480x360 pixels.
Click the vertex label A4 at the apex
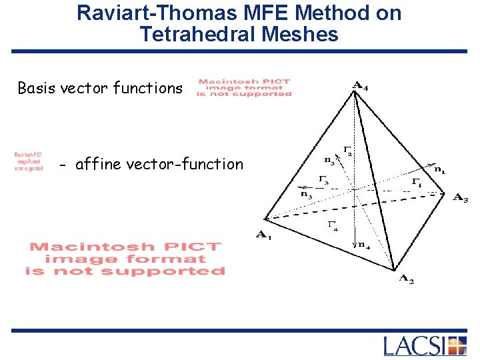[360, 85]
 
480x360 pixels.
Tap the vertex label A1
[264, 235]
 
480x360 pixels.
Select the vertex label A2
[406, 280]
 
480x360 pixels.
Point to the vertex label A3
[460, 197]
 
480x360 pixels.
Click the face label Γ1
[416, 182]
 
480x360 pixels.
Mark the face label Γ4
[332, 225]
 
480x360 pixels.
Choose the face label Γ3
[323, 179]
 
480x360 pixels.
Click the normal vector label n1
[440, 170]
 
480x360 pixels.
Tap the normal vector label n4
[364, 244]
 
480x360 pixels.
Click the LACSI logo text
[414, 347]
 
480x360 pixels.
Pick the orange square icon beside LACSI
[457, 347]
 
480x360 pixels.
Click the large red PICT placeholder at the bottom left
[125, 259]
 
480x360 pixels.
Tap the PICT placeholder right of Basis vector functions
[244, 88]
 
